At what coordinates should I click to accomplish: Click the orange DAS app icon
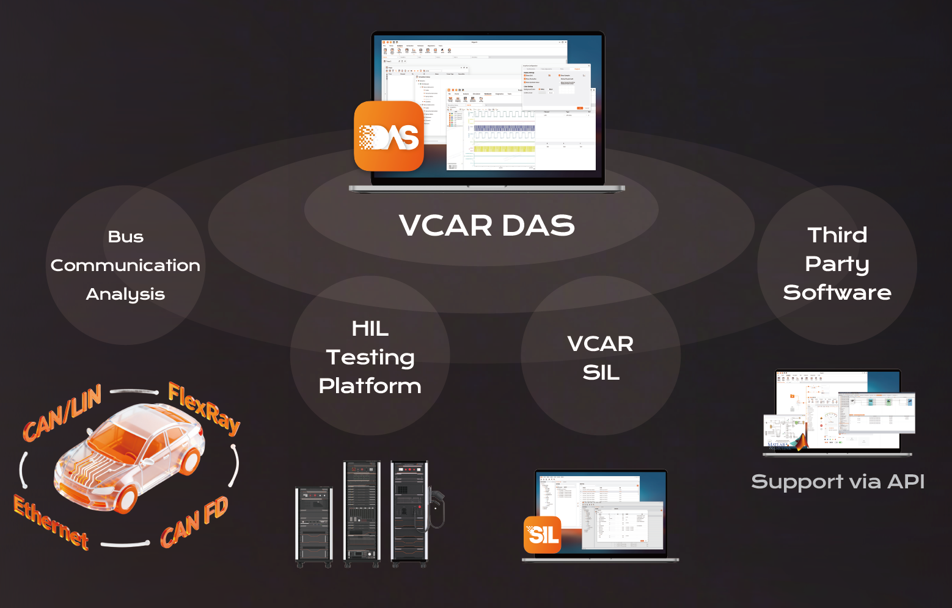(389, 136)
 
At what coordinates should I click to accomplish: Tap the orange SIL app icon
(543, 535)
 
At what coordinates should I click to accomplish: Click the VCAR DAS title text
(487, 225)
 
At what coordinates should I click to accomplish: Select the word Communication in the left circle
(125, 266)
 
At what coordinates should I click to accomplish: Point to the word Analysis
(125, 294)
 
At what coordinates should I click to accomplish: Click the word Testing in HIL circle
(370, 357)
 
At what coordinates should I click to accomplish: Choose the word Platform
(370, 386)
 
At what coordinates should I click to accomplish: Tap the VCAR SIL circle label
(601, 358)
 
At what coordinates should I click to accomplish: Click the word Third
(837, 235)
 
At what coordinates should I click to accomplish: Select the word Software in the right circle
(837, 292)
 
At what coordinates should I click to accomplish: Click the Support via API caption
(837, 482)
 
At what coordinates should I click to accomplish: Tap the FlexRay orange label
(204, 408)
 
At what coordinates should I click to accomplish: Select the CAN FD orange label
(194, 523)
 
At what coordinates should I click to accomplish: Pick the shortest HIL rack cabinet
(314, 525)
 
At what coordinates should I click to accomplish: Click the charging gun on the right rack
(436, 507)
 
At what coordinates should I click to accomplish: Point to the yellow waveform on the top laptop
(505, 148)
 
